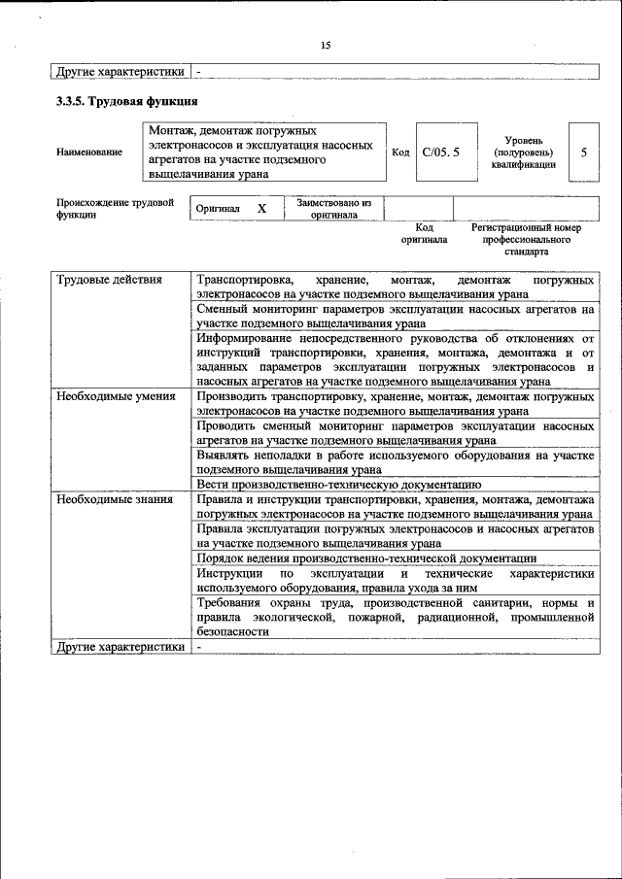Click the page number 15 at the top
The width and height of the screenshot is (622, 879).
[325, 45]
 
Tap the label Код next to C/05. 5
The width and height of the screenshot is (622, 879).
[400, 152]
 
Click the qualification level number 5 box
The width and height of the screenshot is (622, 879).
[583, 152]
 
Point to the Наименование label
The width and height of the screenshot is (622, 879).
[89, 152]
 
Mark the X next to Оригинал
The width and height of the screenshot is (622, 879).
[261, 209]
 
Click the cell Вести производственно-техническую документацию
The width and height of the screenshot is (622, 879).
[338, 483]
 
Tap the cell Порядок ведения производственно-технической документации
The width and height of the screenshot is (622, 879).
[366, 558]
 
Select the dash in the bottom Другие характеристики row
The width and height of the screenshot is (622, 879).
[198, 647]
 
